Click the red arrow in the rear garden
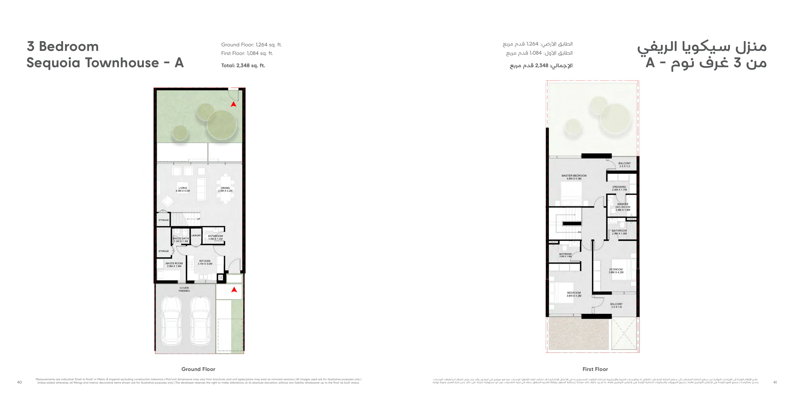(x=233, y=104)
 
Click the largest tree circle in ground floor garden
(x=222, y=125)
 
